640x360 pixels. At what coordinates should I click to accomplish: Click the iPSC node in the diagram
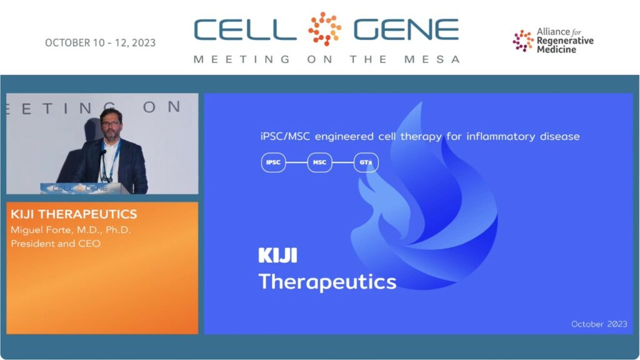click(x=273, y=162)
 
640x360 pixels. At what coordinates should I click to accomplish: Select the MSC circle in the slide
click(x=319, y=162)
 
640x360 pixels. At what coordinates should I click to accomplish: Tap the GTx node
click(x=366, y=162)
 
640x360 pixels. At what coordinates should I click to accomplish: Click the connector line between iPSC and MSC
click(x=296, y=162)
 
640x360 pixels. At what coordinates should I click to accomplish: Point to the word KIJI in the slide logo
click(x=278, y=256)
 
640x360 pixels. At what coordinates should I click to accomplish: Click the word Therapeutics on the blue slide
click(x=327, y=282)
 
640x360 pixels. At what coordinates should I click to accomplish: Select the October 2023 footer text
click(x=599, y=324)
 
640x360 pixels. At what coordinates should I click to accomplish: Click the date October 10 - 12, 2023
click(x=101, y=43)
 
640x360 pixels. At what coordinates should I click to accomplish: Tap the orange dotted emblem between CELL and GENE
click(x=324, y=29)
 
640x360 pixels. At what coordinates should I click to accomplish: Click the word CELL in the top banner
click(x=245, y=30)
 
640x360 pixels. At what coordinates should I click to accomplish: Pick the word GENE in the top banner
click(x=406, y=30)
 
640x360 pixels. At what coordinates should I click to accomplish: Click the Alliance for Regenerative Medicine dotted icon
click(x=523, y=41)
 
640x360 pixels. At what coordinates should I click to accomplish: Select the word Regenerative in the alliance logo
click(x=565, y=41)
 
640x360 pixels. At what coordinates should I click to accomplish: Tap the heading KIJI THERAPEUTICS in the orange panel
click(x=74, y=214)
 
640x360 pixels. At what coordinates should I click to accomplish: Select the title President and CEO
click(x=56, y=244)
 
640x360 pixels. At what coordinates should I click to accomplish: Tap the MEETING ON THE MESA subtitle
click(x=327, y=59)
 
